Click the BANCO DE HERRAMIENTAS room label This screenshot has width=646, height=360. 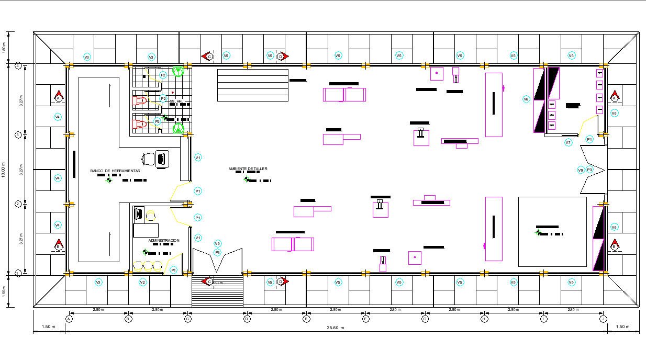click(x=115, y=171)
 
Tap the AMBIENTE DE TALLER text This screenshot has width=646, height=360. click(x=248, y=169)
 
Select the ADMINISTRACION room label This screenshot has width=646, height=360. click(x=164, y=241)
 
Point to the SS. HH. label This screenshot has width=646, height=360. click(x=176, y=101)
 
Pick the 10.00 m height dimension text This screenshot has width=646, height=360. click(x=4, y=169)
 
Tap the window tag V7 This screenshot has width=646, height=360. click(x=568, y=142)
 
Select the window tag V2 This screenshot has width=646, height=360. click(x=142, y=282)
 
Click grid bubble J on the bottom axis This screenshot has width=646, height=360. click(x=604, y=318)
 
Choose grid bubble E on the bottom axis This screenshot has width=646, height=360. click(x=306, y=318)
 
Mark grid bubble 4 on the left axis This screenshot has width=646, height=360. click(x=18, y=65)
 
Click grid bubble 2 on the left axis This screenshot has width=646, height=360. click(x=18, y=204)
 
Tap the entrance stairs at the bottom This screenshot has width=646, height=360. click(x=217, y=292)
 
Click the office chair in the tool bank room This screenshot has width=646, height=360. click(x=148, y=159)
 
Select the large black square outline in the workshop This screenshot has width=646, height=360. click(x=552, y=232)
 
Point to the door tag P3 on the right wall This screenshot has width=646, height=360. click(x=589, y=170)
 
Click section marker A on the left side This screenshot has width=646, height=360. click(x=59, y=97)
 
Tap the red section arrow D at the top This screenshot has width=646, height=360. click(x=281, y=56)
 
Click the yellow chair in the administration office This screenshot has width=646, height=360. click(x=151, y=215)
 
